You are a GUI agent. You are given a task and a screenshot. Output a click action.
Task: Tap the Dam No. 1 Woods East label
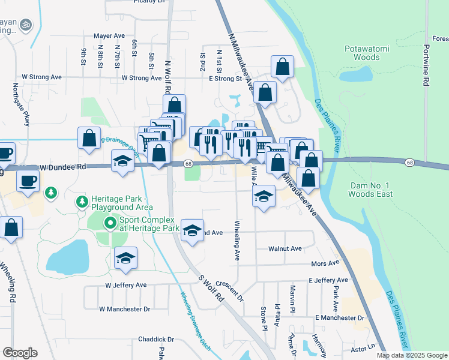tap(371, 190)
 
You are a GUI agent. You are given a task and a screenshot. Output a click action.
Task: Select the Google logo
tap(20, 353)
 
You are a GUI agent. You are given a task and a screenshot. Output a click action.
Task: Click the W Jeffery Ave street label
tap(126, 285)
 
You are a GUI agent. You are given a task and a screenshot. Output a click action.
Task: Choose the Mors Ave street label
tap(325, 263)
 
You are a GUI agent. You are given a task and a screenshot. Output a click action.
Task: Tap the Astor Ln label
tap(363, 347)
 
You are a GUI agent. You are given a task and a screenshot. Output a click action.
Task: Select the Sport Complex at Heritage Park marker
tap(110, 224)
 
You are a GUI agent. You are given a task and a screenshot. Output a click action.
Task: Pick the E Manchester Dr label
tap(340, 317)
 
